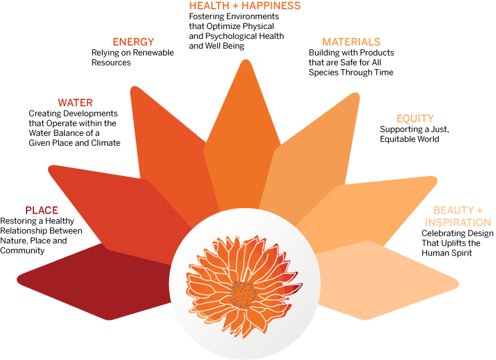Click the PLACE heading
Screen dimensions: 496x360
tap(41, 211)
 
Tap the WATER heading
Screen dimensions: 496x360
tap(75, 103)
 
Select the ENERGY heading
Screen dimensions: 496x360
tap(133, 42)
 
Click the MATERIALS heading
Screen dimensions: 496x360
tap(351, 42)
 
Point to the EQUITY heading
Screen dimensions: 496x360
tap(415, 119)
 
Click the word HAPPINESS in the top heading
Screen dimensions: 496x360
tap(271, 6)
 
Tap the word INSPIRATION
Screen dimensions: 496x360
tap(458, 222)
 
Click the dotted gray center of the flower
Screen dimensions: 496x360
tap(243, 295)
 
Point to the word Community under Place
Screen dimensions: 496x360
tap(22, 251)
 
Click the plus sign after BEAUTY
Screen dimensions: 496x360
tap(479, 211)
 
